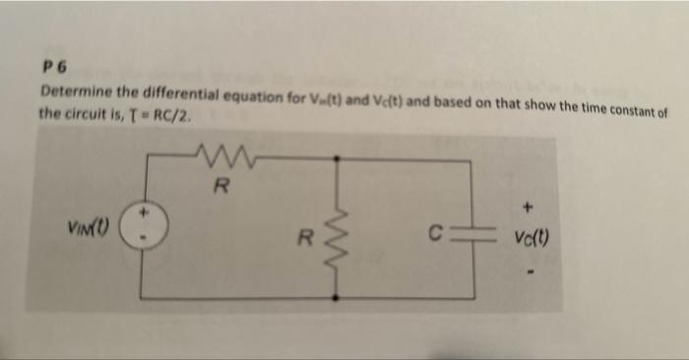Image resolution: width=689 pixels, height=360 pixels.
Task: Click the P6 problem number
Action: coord(51,69)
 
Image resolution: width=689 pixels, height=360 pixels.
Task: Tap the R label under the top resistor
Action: coord(222,184)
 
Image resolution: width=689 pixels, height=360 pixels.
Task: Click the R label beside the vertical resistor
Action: coord(307,237)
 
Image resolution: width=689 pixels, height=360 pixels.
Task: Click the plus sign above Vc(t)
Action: coord(529,208)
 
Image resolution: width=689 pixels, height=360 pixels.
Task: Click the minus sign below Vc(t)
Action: coord(531,267)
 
